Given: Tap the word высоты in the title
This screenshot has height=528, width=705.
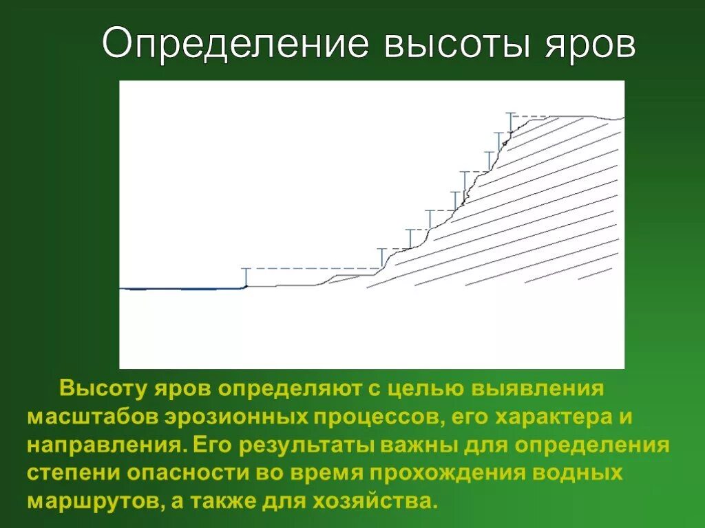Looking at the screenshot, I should [x=461, y=45].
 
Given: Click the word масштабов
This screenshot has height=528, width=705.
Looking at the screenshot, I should [x=92, y=417].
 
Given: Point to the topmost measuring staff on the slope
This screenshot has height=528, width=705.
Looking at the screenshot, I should [x=510, y=122].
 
